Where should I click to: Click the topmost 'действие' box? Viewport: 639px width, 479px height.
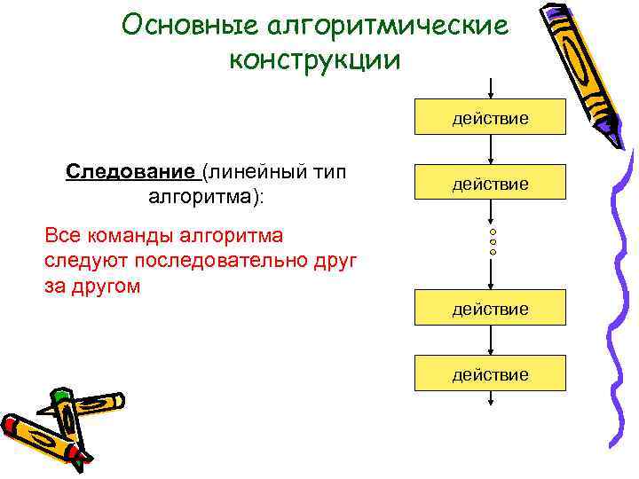click(491, 117)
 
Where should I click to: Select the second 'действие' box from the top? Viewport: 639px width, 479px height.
click(491, 184)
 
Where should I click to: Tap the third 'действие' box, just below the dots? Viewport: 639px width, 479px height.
click(491, 309)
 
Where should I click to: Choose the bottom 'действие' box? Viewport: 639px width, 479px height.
click(491, 374)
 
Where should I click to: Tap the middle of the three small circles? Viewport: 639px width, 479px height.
click(493, 242)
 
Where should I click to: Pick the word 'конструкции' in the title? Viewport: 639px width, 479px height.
click(316, 59)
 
